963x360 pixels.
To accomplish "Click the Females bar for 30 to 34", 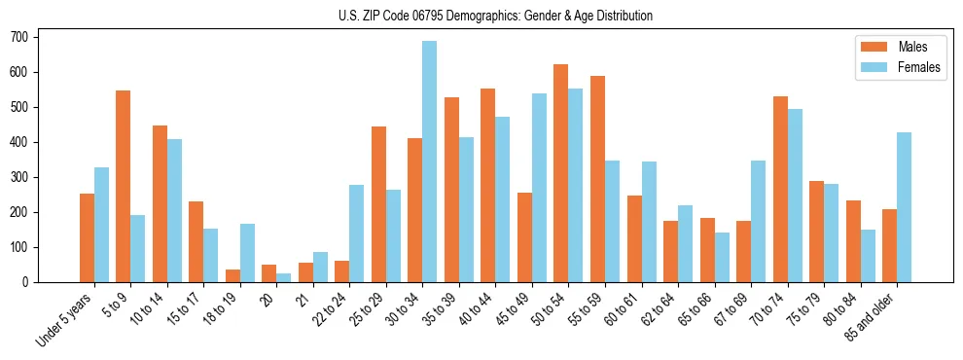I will click(430, 162).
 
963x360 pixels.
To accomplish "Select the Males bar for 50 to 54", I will click(561, 173).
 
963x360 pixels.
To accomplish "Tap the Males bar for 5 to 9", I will click(124, 186).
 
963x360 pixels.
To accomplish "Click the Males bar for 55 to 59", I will click(597, 179).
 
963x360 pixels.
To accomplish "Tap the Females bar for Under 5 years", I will click(101, 225).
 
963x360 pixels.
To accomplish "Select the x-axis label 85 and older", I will click(870, 317).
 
